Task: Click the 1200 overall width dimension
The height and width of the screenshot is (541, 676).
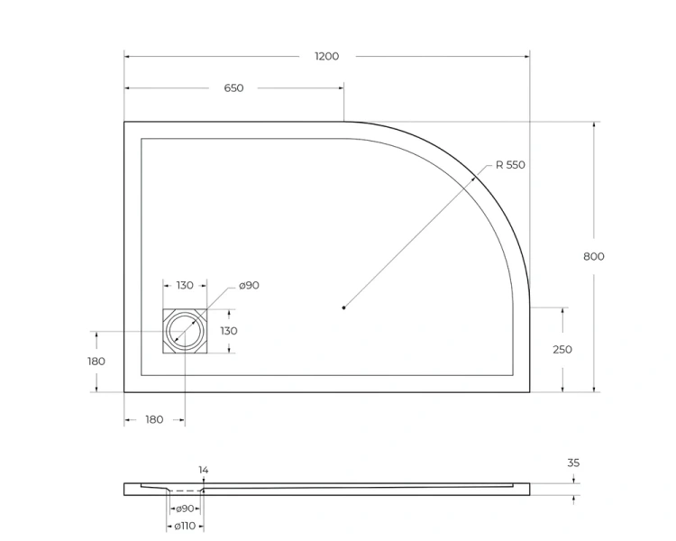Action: (326, 56)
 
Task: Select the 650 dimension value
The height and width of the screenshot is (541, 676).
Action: (233, 87)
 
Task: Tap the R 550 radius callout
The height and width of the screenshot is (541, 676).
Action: (509, 165)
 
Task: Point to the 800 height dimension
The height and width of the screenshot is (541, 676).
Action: (593, 256)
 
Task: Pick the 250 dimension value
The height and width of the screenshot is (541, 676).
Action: (562, 350)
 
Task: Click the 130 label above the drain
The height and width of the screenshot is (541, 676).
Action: (184, 285)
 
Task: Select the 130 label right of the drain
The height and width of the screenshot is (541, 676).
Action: (228, 331)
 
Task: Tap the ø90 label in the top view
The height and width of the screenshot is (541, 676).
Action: (249, 285)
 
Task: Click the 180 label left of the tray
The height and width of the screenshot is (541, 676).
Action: (96, 361)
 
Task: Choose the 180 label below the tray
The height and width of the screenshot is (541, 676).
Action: (154, 419)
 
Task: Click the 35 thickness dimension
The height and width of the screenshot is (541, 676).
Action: (573, 463)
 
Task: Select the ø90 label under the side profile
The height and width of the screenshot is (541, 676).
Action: (186, 509)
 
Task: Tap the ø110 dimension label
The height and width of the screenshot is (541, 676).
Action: (185, 526)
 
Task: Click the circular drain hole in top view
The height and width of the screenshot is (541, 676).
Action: (185, 331)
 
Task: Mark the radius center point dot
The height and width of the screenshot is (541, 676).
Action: (343, 308)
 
